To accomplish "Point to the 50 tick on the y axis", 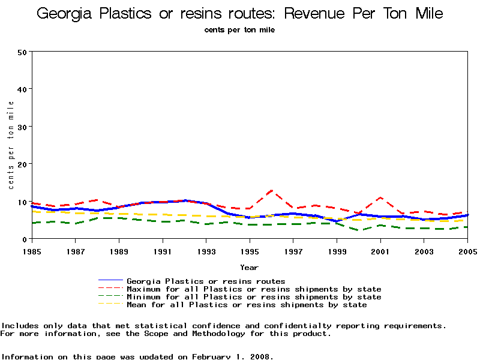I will pyautogui.click(x=22, y=52).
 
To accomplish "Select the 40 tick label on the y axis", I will pyautogui.click(x=22, y=89).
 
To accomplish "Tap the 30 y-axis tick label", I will pyautogui.click(x=22, y=127).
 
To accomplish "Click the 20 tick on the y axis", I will pyautogui.click(x=22, y=164).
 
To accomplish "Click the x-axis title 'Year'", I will pyautogui.click(x=249, y=267).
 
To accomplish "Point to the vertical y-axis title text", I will pyautogui.click(x=11, y=145).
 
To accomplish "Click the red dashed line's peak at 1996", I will pyautogui.click(x=272, y=191).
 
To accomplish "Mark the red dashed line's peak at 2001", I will pyautogui.click(x=380, y=197).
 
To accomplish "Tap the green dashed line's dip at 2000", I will pyautogui.click(x=359, y=230).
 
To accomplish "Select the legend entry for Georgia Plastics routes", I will pyautogui.click(x=206, y=281).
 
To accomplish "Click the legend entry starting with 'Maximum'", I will pyautogui.click(x=254, y=289).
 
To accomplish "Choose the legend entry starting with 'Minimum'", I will pyautogui.click(x=254, y=297).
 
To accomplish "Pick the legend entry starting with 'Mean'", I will pyautogui.click(x=247, y=305).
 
